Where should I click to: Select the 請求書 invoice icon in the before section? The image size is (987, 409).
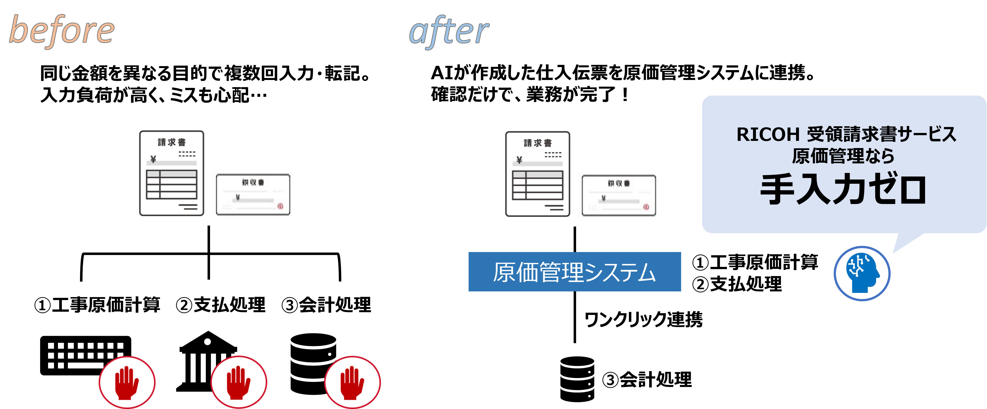pyautogui.click(x=172, y=173)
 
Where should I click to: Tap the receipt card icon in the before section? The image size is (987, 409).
pyautogui.click(x=253, y=195)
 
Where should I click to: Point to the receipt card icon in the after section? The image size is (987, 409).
pyautogui.click(x=619, y=196)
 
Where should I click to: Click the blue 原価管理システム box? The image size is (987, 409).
pyautogui.click(x=574, y=272)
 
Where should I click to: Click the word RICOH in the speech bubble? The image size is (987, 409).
pyautogui.click(x=768, y=134)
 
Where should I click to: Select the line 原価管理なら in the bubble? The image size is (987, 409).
pyautogui.click(x=843, y=156)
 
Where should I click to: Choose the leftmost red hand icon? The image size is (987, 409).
pyautogui.click(x=127, y=383)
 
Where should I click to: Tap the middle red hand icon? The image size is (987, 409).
pyautogui.click(x=238, y=383)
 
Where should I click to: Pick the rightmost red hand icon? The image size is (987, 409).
pyautogui.click(x=352, y=383)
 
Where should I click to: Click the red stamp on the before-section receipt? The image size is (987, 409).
pyautogui.click(x=280, y=206)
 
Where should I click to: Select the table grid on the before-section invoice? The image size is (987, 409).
pyautogui.click(x=172, y=184)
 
